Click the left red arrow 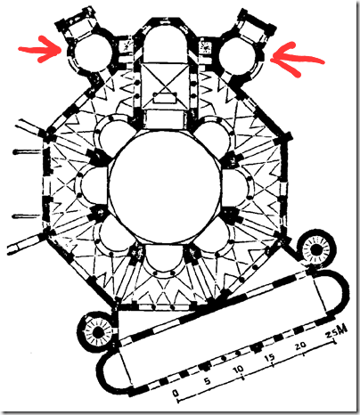(x=40, y=49)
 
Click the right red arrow (x=297, y=59)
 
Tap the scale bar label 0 (x=176, y=394)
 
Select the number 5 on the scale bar (x=208, y=380)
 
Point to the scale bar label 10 (x=238, y=370)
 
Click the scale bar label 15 (x=270, y=357)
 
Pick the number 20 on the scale (x=300, y=345)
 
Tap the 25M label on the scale (x=336, y=331)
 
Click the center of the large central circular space (x=164, y=186)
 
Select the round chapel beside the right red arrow (x=239, y=55)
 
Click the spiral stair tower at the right (x=316, y=249)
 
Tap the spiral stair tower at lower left (x=96, y=331)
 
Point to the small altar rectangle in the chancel (x=165, y=97)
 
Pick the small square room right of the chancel (x=204, y=46)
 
